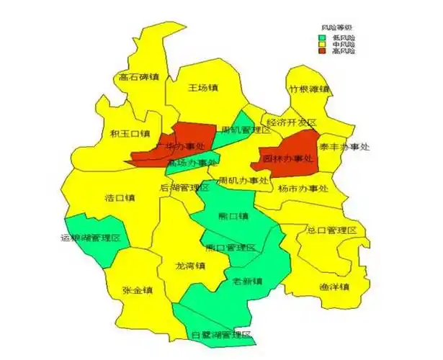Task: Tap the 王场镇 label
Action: [202, 88]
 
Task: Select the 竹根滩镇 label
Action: [308, 89]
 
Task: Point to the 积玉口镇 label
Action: [130, 133]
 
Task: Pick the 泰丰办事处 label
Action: [344, 147]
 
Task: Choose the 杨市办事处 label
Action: [303, 189]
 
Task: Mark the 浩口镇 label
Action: [120, 197]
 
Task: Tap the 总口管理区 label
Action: [332, 230]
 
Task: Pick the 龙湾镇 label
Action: [191, 266]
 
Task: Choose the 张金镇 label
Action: [137, 291]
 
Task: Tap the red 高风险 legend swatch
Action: [323, 50]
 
